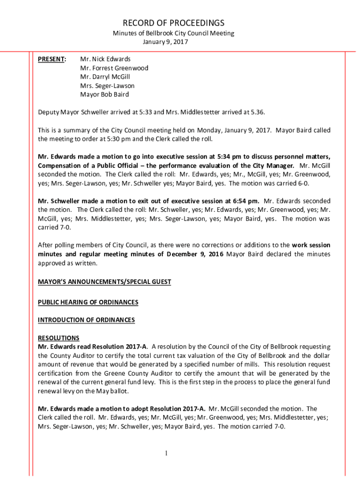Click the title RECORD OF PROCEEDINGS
point(173,23)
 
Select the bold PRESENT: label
point(52,59)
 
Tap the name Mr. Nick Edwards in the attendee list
point(105,59)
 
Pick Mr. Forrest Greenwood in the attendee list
point(114,68)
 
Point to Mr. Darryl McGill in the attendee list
point(105,77)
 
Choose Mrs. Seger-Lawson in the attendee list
point(107,86)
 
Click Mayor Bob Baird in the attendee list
point(104,94)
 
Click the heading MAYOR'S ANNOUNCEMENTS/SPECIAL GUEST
point(104,282)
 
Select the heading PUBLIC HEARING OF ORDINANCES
point(88,302)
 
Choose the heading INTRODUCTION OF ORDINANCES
point(86,320)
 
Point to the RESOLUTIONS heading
point(58,338)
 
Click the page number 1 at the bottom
point(166,453)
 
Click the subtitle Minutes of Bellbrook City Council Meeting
point(173,33)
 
